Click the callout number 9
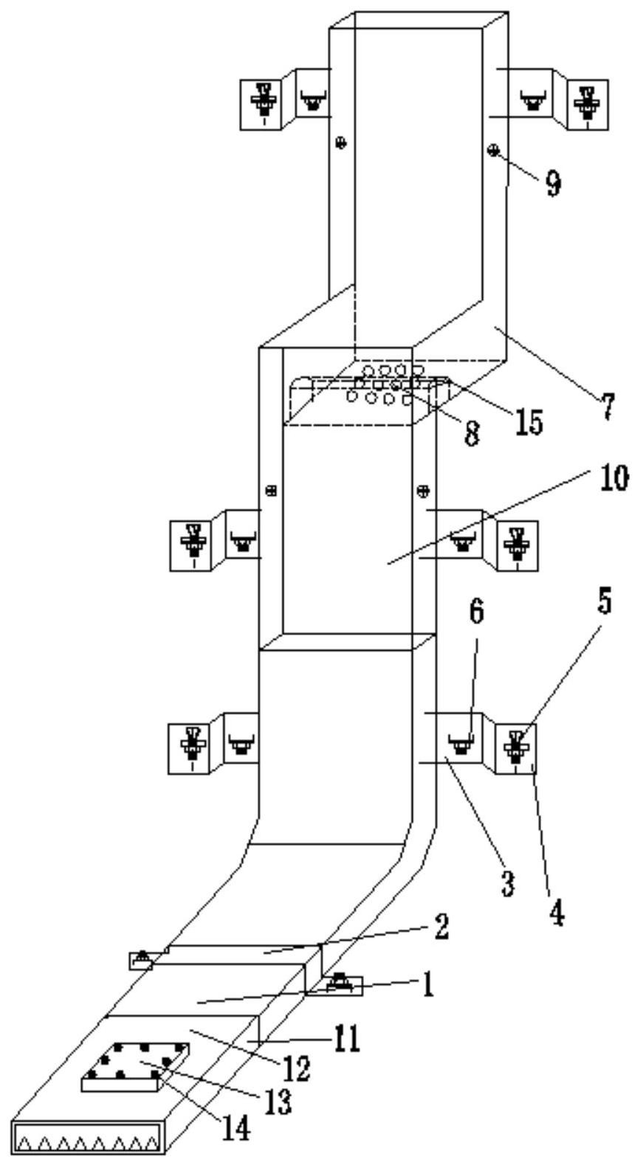point(552,182)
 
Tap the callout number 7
point(605,407)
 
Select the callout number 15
point(529,421)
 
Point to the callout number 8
point(470,433)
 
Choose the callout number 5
point(603,603)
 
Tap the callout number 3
point(507,883)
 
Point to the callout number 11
point(345,1040)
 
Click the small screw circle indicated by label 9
point(492,151)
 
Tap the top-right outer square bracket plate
point(588,102)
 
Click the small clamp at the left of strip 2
point(140,960)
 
